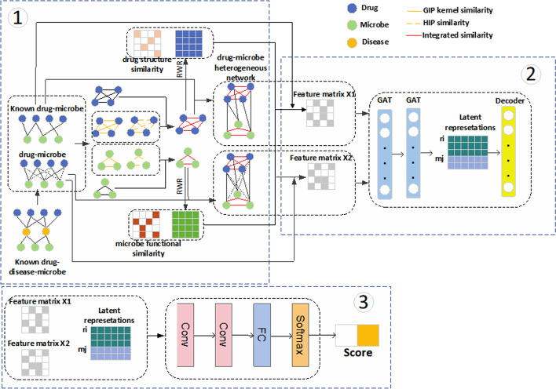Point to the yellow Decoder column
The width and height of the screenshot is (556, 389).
click(x=510, y=154)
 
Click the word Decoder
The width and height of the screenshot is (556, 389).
click(x=510, y=101)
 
